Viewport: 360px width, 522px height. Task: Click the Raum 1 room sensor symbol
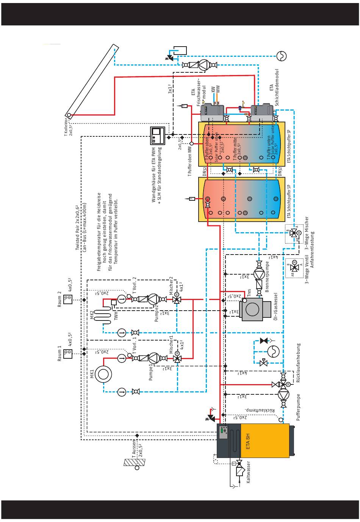point(68,354)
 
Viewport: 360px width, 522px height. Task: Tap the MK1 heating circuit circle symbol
point(103,374)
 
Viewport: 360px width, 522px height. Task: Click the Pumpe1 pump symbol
point(153,358)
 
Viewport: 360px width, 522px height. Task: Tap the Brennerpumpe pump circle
point(259,275)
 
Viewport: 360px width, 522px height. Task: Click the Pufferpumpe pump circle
point(283,394)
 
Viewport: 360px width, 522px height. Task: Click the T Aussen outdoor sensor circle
point(137,467)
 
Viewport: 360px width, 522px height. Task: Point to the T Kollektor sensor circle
point(69,115)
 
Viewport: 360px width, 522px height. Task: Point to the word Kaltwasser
point(249,472)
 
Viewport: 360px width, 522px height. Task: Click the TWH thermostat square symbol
point(114,302)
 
